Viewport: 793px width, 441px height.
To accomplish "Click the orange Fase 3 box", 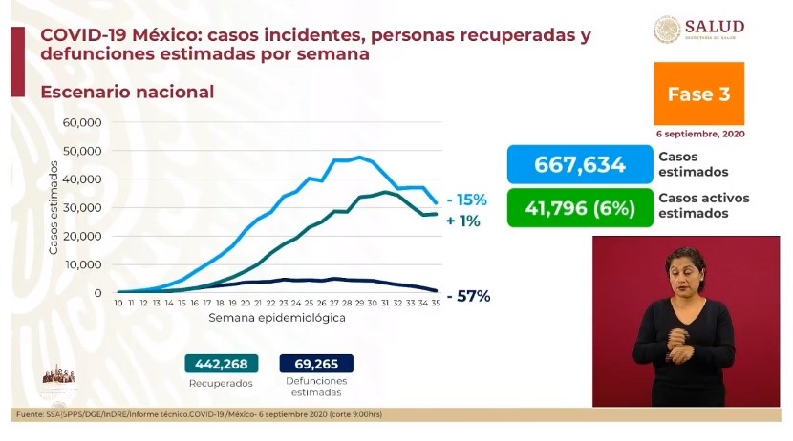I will point(698,94).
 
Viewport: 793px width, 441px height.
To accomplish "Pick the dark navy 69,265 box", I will point(316,363).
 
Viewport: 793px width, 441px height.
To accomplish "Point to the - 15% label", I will point(466,200).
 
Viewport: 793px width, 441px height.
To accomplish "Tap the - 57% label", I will point(466,296).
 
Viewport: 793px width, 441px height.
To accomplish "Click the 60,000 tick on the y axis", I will point(82,122).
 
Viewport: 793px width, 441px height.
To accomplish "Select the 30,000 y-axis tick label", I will point(82,207).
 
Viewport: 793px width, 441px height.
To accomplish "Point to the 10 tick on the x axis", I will point(118,303).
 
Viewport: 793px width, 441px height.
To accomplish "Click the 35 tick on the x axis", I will point(436,303).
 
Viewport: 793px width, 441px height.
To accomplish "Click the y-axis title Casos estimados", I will point(54,208).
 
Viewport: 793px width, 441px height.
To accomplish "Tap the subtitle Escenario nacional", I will point(127,93).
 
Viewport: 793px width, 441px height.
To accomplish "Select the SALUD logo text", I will point(714,27).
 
